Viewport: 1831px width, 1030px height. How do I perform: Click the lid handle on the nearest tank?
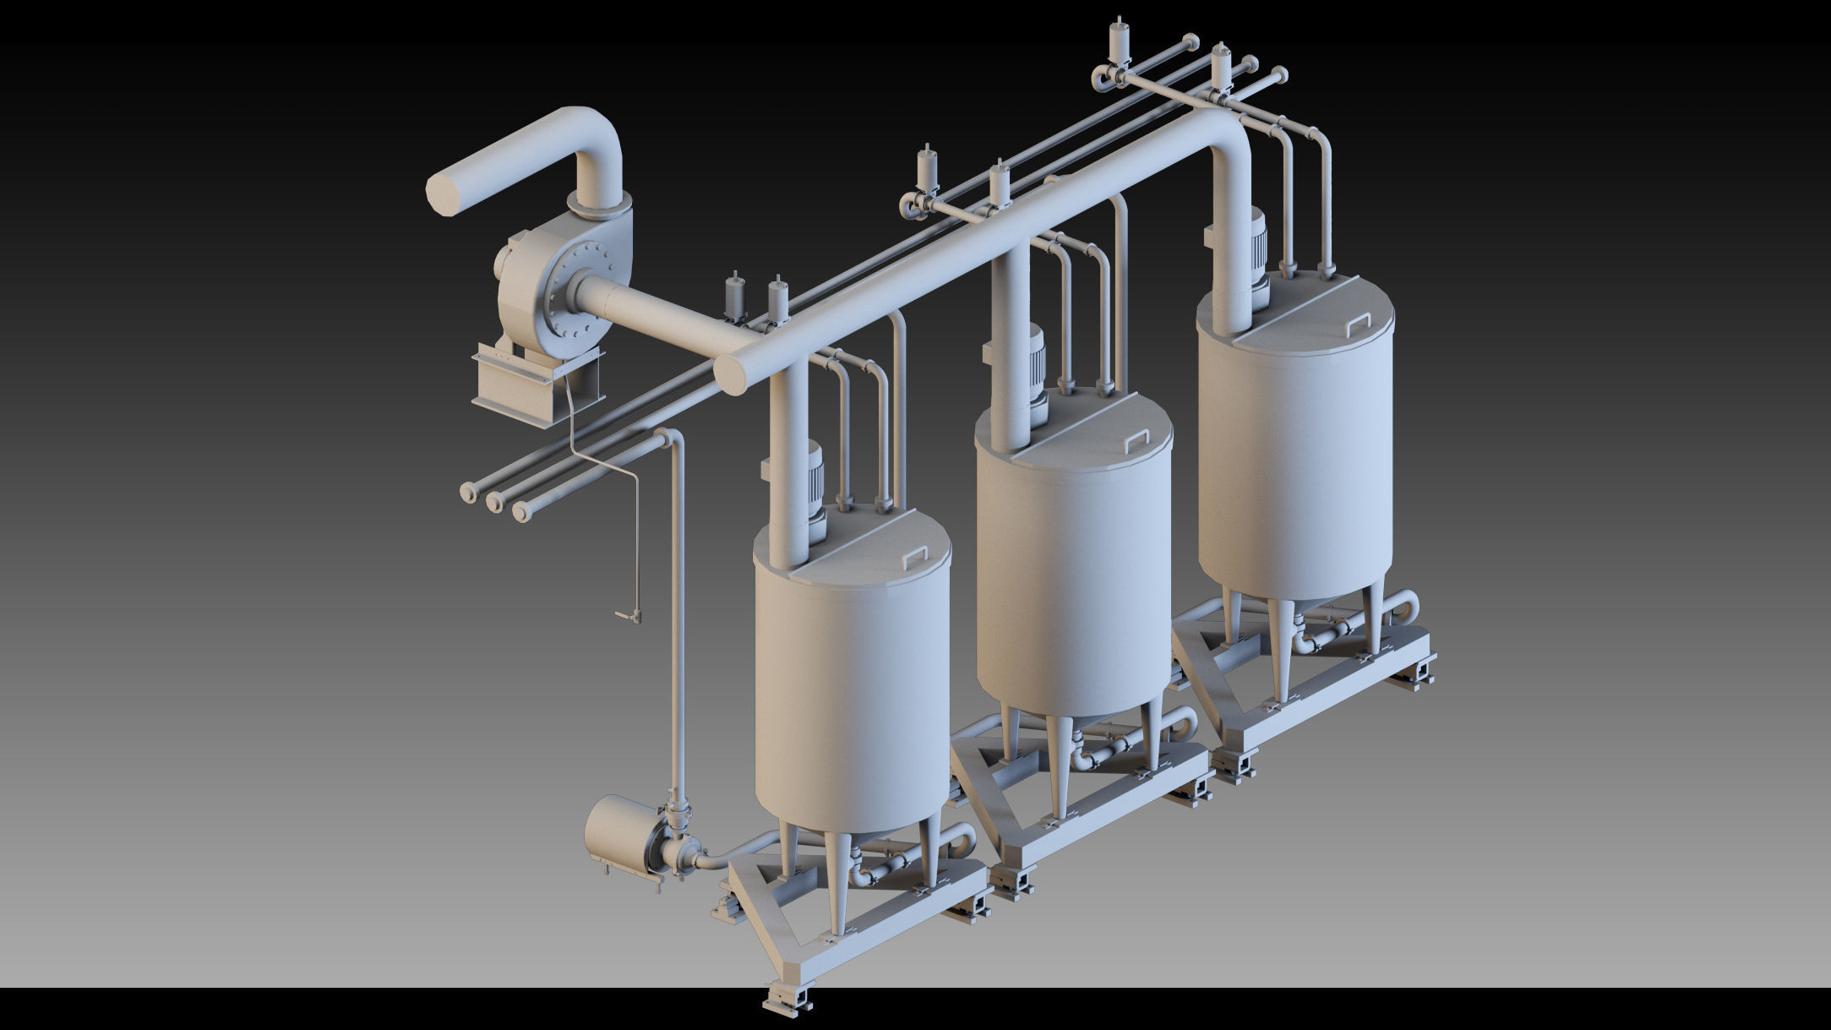(x=916, y=557)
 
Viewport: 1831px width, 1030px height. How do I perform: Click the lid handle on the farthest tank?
(x=1357, y=323)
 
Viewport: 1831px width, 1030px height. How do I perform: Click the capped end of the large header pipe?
(x=733, y=374)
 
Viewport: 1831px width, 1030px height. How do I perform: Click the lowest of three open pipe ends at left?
(x=520, y=512)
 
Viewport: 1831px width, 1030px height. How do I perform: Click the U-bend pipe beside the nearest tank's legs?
(x=963, y=838)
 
